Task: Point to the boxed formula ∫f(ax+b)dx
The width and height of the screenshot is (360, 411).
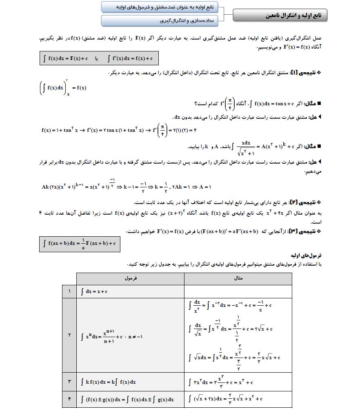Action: (x=80, y=244)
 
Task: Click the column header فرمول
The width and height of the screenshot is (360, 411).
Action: (x=130, y=279)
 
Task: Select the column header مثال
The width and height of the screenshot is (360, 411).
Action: (x=238, y=279)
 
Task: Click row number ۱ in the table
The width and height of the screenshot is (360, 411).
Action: (x=69, y=291)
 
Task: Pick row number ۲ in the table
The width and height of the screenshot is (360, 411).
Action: (x=69, y=335)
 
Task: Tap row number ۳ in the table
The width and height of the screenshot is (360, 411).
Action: (x=69, y=382)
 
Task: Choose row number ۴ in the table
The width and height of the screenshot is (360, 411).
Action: (x=69, y=399)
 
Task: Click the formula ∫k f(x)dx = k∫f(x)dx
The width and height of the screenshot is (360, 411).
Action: (x=108, y=382)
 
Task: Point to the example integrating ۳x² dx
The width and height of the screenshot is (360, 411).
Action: (x=221, y=382)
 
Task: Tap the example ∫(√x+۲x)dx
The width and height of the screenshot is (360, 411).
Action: (x=225, y=399)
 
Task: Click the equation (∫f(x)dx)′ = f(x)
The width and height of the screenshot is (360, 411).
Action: (x=63, y=88)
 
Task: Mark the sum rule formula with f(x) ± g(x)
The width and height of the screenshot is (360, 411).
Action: (x=127, y=399)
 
